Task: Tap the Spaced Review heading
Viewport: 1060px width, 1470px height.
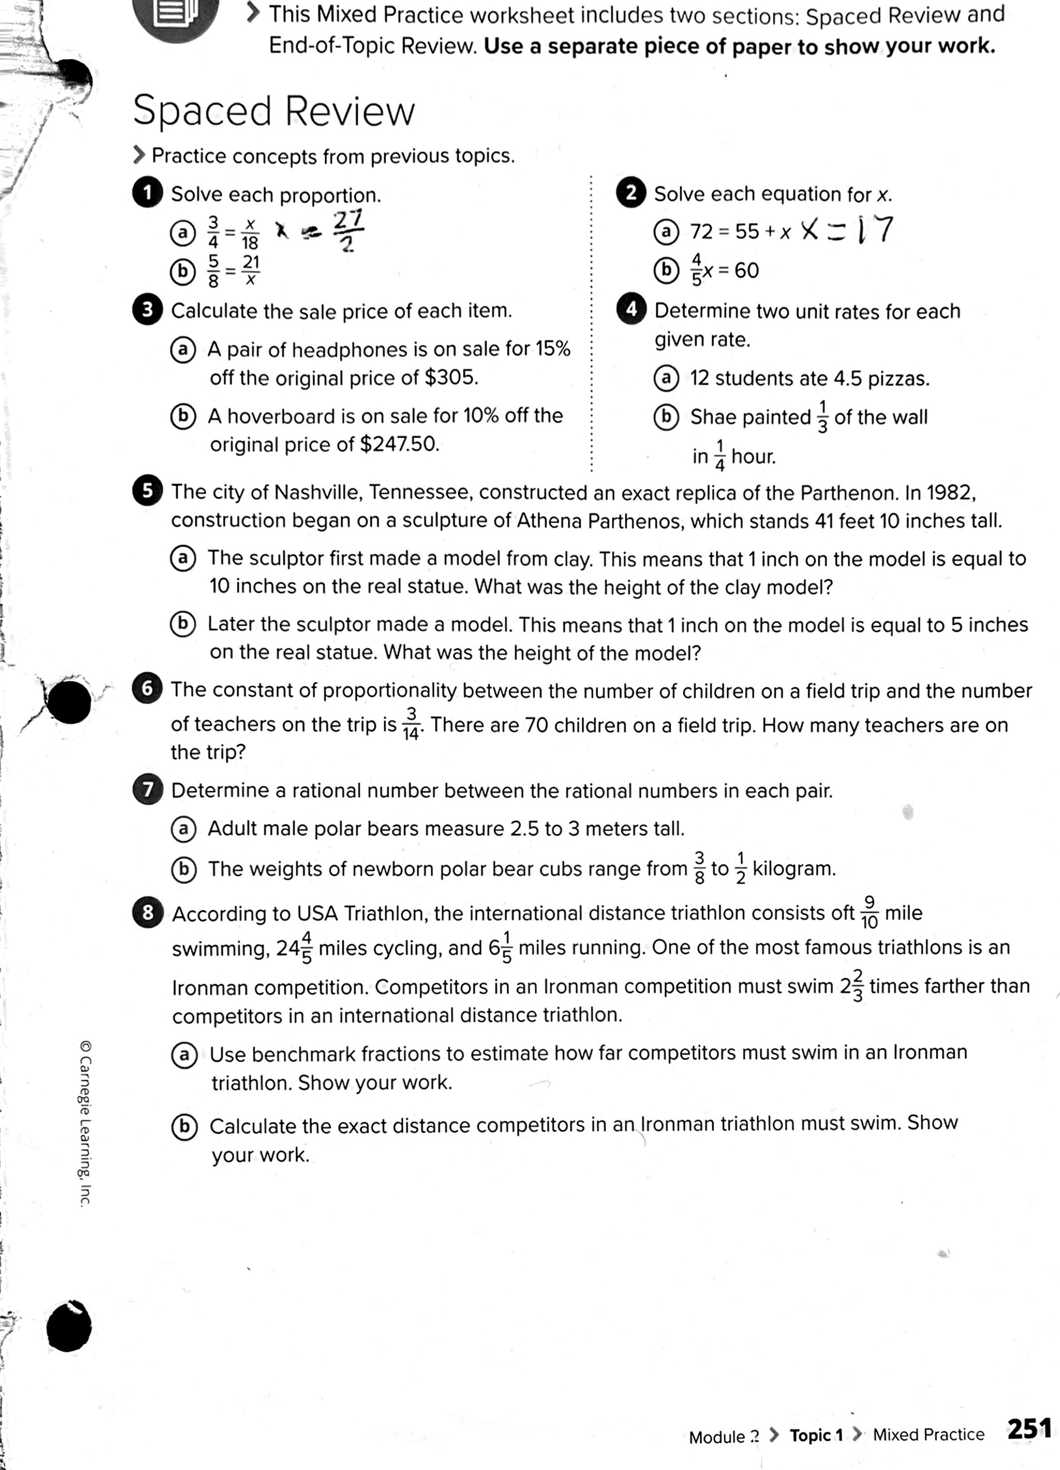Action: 273,111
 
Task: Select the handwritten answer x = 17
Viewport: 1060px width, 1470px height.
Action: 847,230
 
